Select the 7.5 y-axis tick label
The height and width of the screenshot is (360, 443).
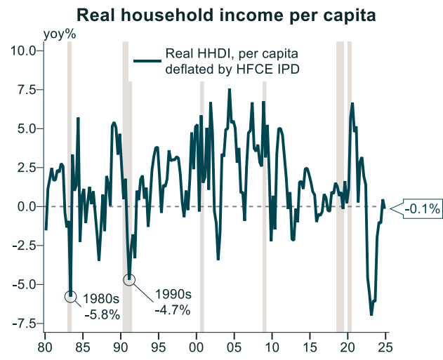(x=27, y=90)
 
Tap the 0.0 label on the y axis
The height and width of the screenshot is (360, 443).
(x=27, y=206)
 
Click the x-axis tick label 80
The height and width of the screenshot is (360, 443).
(x=45, y=346)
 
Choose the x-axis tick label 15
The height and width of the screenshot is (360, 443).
(x=310, y=346)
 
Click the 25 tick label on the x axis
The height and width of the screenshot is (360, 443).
(x=385, y=346)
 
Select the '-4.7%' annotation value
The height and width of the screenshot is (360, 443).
(x=172, y=310)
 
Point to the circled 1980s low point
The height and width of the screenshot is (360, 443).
(x=70, y=296)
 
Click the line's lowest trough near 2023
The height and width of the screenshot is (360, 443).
(x=371, y=315)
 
